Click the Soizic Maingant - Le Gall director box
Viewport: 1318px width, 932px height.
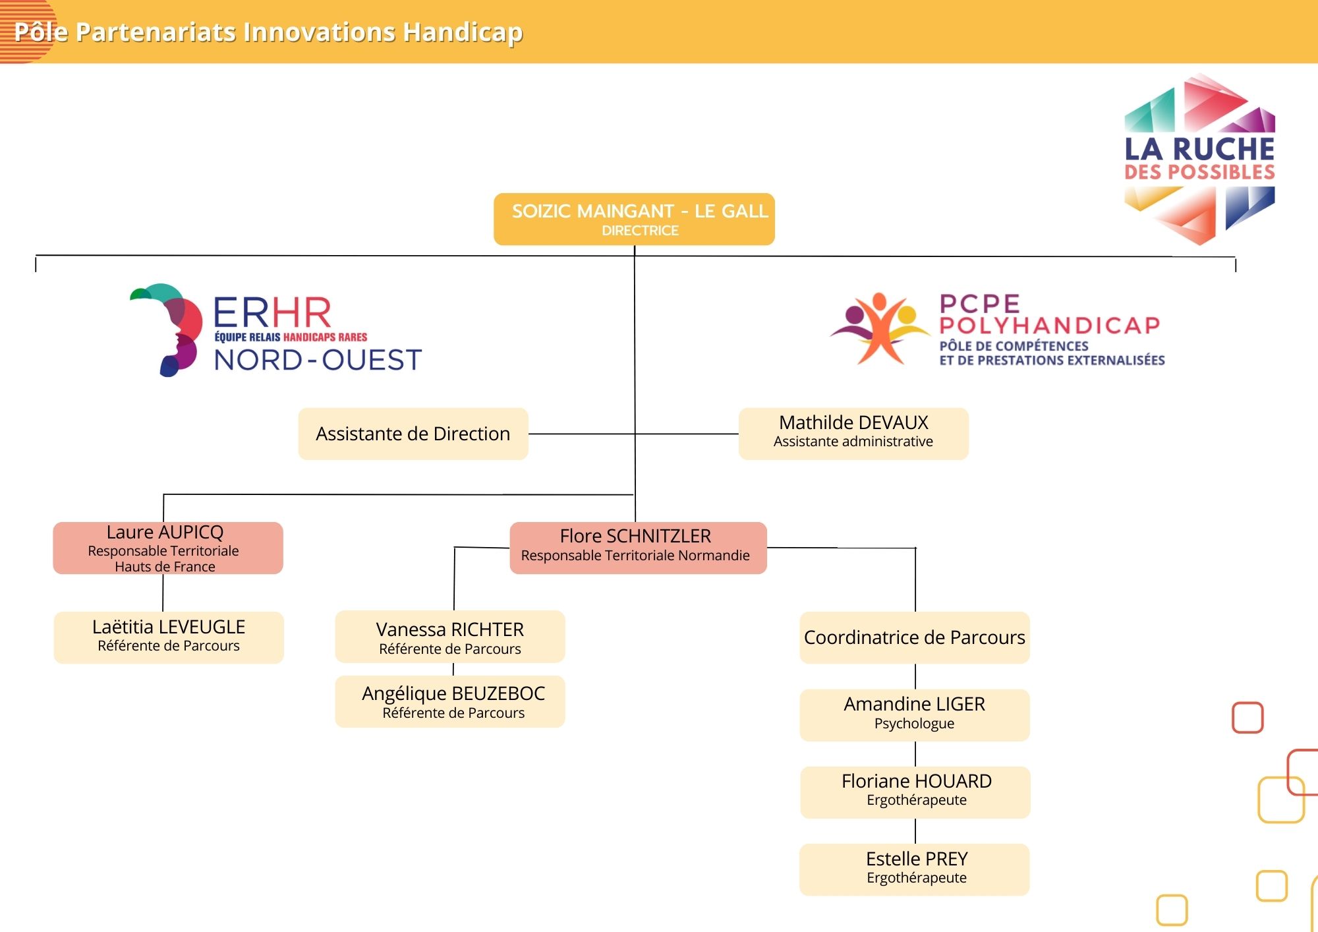click(x=634, y=219)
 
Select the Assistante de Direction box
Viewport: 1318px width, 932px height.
click(x=413, y=434)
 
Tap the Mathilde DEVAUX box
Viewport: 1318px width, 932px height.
click(x=853, y=434)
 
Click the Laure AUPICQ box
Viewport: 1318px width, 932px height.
click(x=168, y=548)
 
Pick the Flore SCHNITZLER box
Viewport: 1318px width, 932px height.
click(x=638, y=548)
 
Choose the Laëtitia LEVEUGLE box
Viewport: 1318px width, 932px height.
click(x=169, y=637)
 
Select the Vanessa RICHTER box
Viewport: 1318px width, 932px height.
click(x=450, y=637)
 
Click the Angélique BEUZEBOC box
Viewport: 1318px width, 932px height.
click(x=450, y=701)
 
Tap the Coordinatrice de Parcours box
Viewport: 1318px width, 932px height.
click(x=915, y=637)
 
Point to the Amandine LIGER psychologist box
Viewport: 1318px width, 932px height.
click(x=915, y=715)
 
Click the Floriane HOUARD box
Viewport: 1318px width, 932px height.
click(x=915, y=792)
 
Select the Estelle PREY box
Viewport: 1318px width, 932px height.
click(x=915, y=869)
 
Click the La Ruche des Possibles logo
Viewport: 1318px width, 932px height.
click(x=1199, y=159)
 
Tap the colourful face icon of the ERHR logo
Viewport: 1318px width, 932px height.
click(x=167, y=330)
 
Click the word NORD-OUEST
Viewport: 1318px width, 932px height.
click(x=318, y=360)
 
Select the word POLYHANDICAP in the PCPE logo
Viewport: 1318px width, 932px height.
click(x=1050, y=325)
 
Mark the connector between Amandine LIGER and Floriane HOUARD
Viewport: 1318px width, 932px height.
click(x=915, y=754)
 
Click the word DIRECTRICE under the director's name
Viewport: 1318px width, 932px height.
click(x=640, y=231)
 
